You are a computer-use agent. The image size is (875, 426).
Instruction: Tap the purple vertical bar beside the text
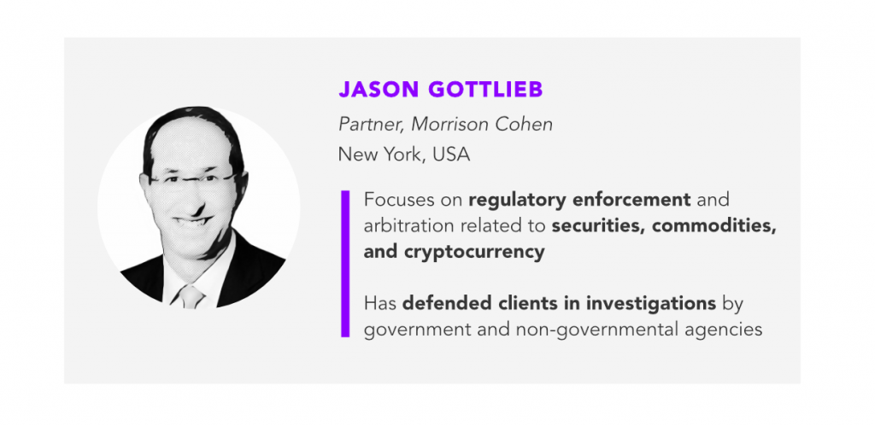click(x=345, y=264)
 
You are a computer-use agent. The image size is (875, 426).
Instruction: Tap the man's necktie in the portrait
click(x=191, y=296)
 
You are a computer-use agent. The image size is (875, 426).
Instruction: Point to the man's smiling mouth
click(x=192, y=222)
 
